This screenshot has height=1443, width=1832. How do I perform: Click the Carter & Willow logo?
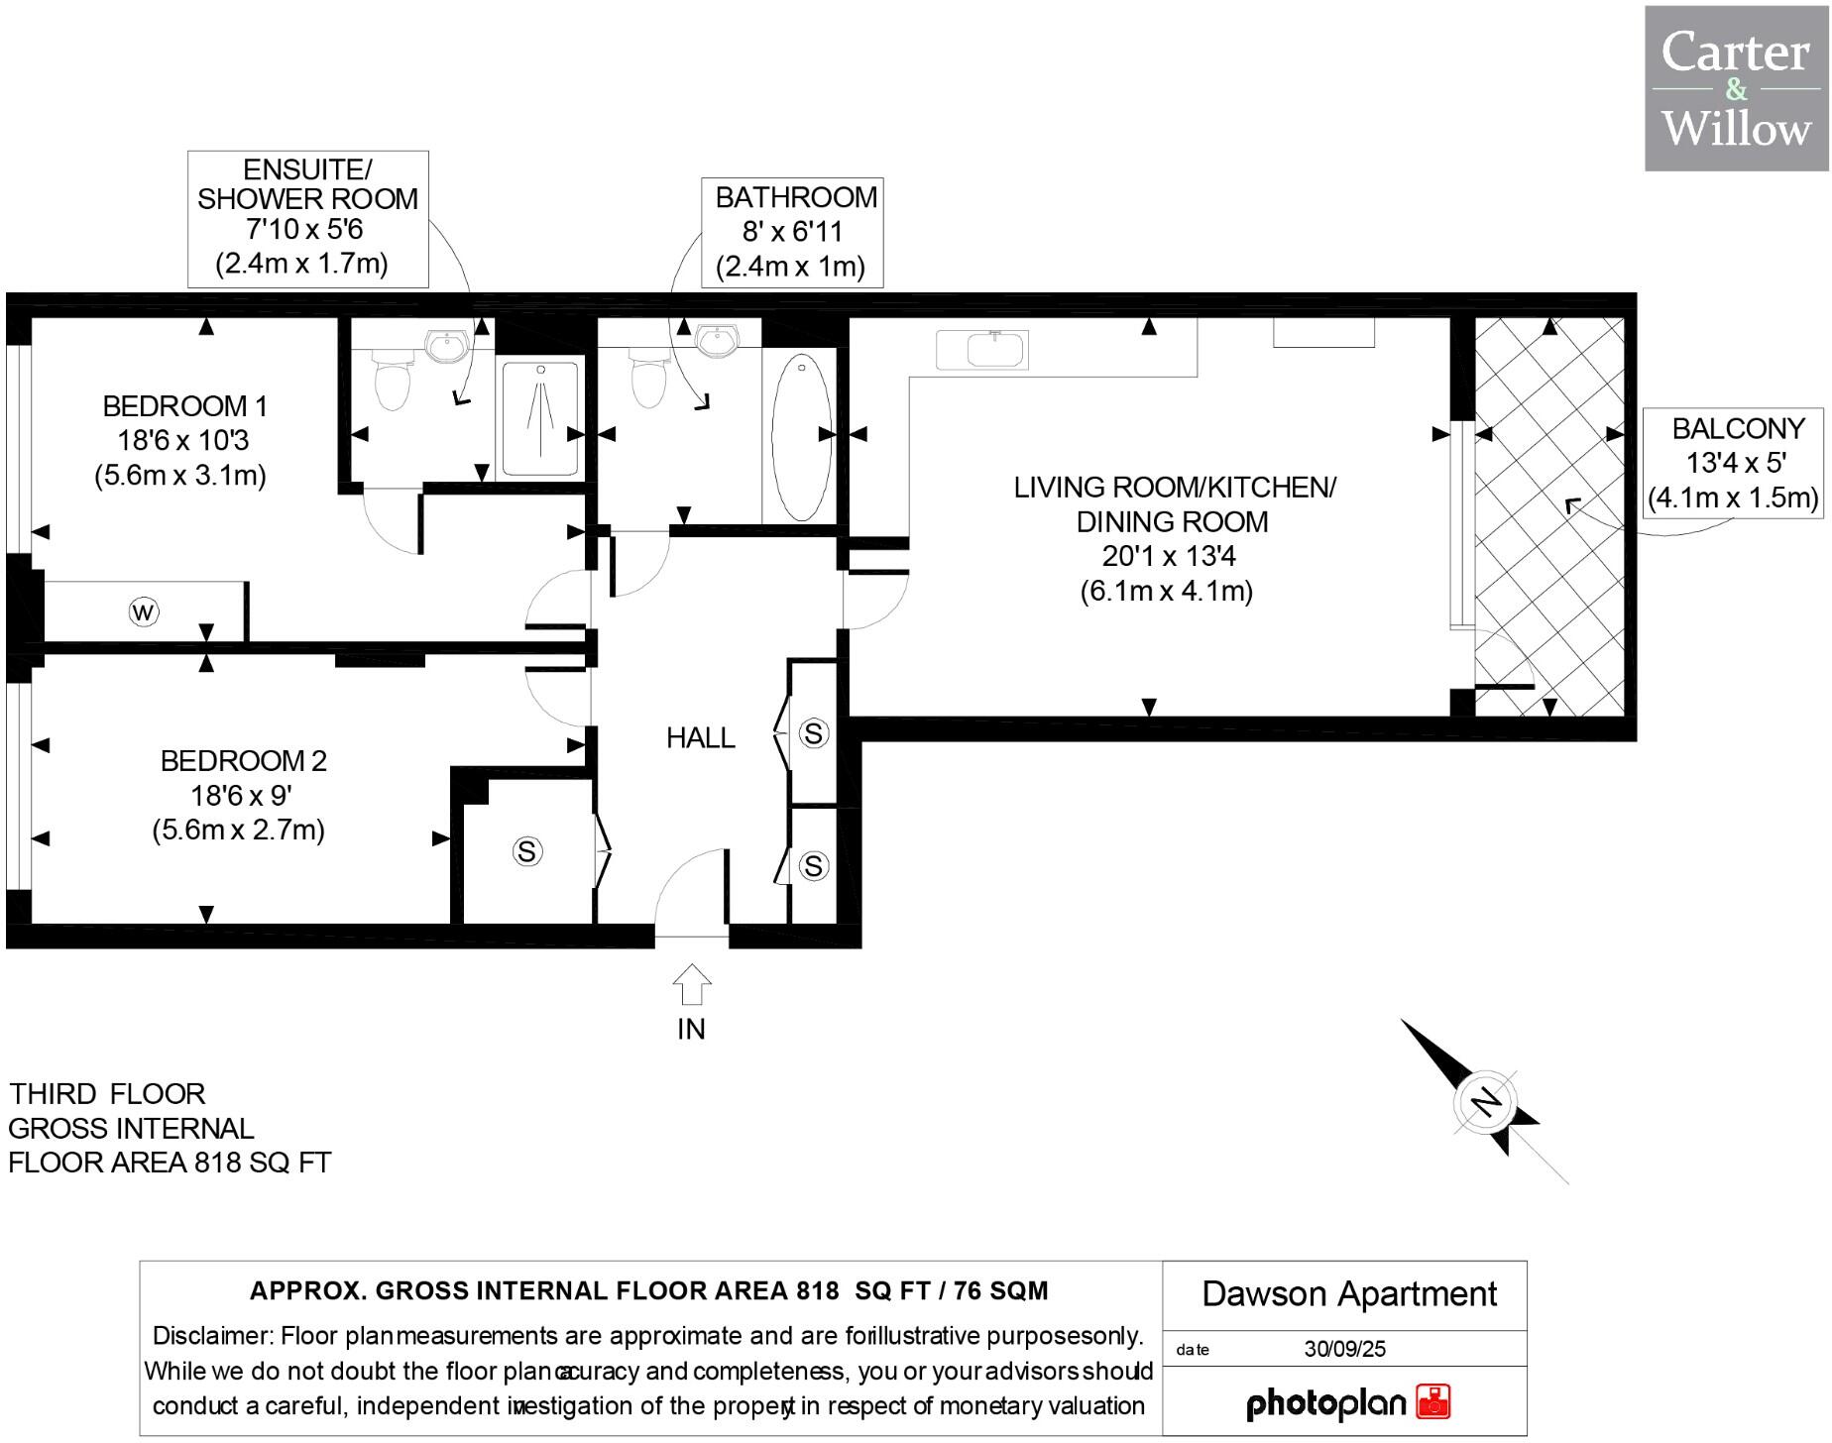[1736, 88]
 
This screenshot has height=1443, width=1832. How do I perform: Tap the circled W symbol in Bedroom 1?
[144, 611]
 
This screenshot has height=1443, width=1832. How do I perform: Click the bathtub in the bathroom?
[801, 436]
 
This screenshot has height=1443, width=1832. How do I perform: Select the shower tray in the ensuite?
[540, 419]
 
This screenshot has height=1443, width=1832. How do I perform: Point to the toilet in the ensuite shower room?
[393, 383]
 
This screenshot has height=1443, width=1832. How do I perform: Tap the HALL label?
[700, 737]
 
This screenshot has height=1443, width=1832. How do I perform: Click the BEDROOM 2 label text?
[243, 761]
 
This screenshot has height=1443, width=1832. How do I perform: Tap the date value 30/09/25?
[1344, 1349]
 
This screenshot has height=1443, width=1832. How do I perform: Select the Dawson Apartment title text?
[1348, 1294]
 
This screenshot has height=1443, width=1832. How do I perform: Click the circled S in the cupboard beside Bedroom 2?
[526, 851]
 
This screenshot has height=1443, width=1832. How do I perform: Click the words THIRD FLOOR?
[107, 1094]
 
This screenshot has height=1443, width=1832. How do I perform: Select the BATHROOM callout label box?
[792, 232]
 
